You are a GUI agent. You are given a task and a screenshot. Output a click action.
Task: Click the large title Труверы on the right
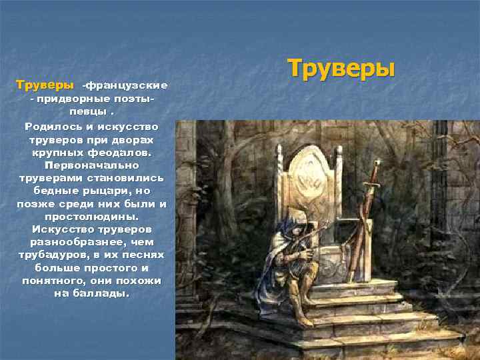point(341,69)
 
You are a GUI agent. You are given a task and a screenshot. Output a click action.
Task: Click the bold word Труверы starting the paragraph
point(45,85)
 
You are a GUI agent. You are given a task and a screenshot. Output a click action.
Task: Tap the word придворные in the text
point(71,99)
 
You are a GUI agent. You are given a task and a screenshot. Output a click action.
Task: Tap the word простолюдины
point(91,217)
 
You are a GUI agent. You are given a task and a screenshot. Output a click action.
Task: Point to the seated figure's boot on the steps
point(303,319)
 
